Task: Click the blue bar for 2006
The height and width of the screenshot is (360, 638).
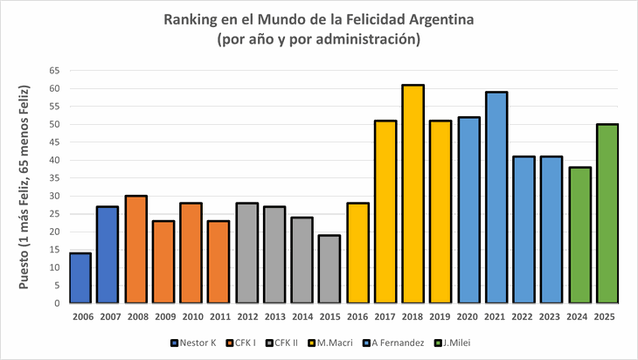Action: tap(80, 278)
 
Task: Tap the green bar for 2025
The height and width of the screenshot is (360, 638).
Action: tap(607, 213)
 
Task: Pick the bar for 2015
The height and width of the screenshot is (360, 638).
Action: tap(329, 269)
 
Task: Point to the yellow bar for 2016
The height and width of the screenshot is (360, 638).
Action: tap(357, 253)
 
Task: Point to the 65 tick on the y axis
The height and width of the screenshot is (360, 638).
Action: tap(54, 71)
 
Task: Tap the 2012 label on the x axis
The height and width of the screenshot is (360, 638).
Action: tap(246, 316)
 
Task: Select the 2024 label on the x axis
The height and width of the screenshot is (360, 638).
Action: tap(579, 316)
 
